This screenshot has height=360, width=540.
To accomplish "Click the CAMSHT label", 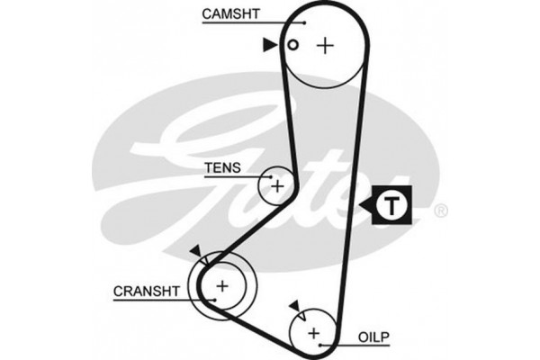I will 232,13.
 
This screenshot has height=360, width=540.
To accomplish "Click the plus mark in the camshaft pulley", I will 325,44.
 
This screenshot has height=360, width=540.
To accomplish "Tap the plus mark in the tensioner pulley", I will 278,186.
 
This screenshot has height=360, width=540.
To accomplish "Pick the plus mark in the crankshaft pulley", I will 220,287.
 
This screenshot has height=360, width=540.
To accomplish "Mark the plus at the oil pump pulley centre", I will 314,334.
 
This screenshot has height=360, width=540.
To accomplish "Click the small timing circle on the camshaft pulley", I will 292,45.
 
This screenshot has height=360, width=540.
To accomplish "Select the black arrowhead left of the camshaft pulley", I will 269,44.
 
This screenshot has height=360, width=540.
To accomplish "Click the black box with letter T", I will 391,206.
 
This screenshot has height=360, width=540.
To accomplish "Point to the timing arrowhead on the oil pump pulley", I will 294,307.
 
